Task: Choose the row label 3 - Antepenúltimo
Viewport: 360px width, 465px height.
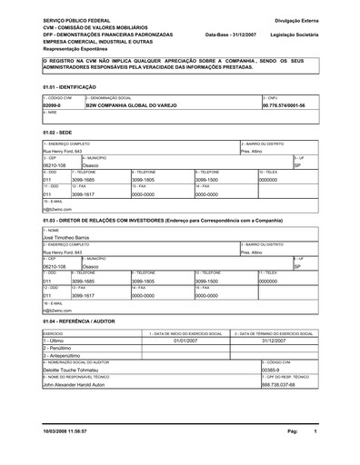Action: [65, 357]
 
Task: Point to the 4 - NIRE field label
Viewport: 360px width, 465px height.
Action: [51, 113]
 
